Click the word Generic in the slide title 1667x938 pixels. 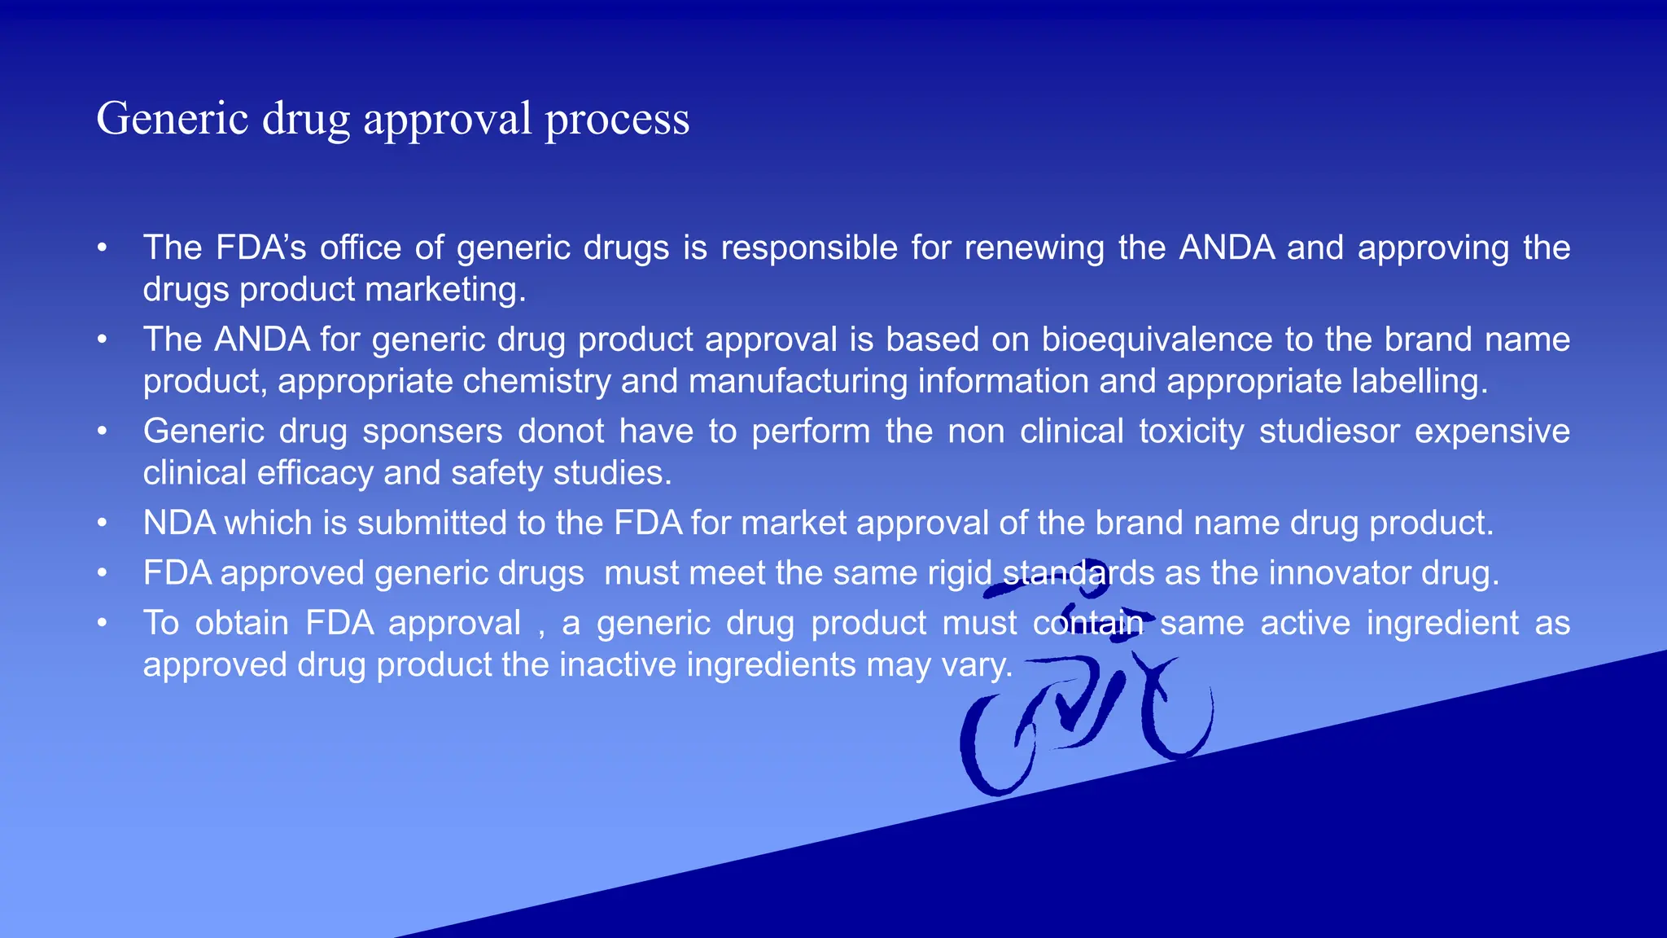(x=173, y=119)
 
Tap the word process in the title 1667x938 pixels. (x=617, y=119)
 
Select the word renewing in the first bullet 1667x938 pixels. (x=1034, y=248)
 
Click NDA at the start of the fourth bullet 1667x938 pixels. (x=179, y=523)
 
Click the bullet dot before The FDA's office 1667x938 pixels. (x=102, y=248)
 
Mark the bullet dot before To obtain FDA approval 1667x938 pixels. (x=102, y=624)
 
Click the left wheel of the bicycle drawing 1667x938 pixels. (x=998, y=745)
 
